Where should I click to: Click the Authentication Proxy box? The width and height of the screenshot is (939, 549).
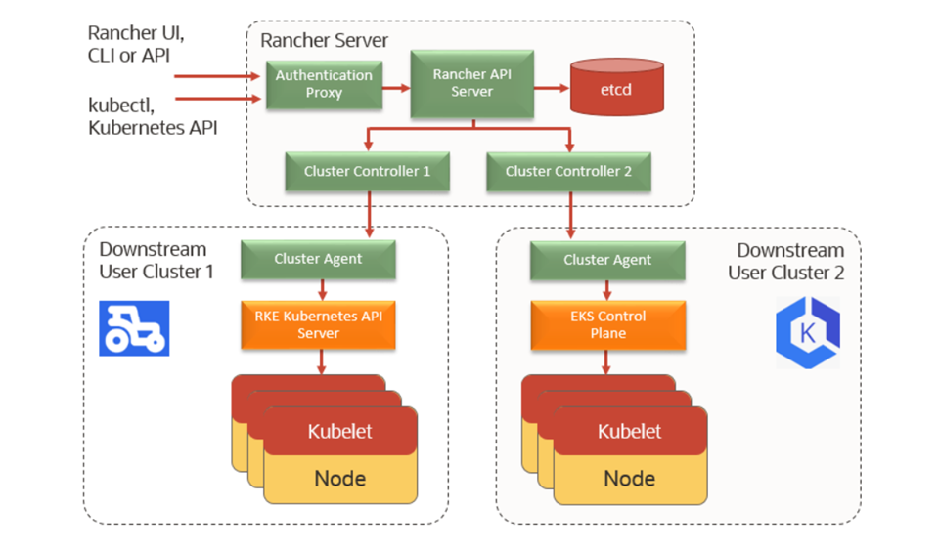tap(324, 84)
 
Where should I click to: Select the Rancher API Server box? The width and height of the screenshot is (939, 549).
tap(472, 83)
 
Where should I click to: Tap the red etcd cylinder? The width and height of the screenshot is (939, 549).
tap(616, 89)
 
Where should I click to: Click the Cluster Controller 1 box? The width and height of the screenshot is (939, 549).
tap(367, 171)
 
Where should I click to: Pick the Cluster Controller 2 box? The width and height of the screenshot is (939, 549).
tap(568, 171)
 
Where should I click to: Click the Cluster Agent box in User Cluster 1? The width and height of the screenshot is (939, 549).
tap(318, 259)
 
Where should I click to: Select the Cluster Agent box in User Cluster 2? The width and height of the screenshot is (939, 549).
tap(607, 260)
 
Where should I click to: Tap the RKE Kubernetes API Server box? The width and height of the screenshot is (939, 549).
tap(318, 325)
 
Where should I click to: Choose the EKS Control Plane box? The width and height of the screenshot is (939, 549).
tap(607, 325)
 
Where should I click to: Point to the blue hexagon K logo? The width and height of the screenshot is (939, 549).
tap(807, 333)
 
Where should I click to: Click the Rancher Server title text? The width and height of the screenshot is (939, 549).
tap(324, 41)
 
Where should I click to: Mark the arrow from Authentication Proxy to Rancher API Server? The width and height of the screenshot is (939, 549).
tap(396, 87)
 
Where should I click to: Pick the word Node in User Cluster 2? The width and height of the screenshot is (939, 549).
tap(629, 478)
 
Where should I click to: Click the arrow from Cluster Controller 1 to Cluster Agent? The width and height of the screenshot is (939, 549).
tap(370, 213)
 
